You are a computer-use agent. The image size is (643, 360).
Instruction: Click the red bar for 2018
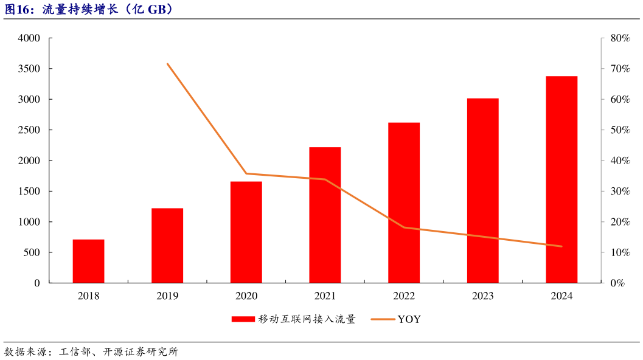click(88, 261)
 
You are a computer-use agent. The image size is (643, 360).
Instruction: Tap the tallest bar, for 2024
click(561, 179)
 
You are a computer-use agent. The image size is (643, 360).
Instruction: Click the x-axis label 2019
click(167, 296)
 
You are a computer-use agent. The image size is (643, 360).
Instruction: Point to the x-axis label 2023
click(482, 296)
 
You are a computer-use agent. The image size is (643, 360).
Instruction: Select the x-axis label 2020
click(246, 296)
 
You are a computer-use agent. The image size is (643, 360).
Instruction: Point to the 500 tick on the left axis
click(31, 252)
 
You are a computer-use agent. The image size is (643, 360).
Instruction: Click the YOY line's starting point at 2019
click(167, 64)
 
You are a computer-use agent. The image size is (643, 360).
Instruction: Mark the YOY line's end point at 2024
click(561, 246)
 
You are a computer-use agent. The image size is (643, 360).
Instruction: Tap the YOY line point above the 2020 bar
click(246, 173)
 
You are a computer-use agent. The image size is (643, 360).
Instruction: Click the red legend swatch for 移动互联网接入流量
click(243, 319)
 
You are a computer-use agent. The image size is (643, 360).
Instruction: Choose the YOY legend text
click(409, 319)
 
